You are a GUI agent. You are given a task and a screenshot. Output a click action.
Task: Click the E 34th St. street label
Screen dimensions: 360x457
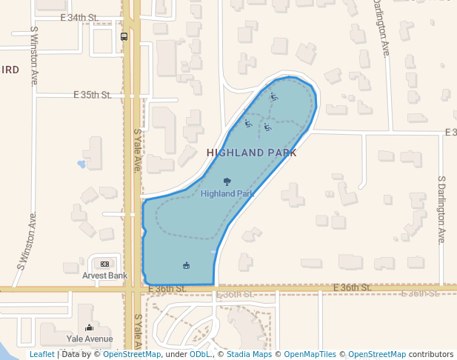coord(80,16)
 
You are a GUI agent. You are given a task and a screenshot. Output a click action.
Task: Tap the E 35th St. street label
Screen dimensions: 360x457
coord(92,95)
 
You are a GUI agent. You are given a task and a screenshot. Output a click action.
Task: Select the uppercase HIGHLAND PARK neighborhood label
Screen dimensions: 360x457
coord(252,153)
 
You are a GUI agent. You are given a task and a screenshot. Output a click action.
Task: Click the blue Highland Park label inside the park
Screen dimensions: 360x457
coord(227,193)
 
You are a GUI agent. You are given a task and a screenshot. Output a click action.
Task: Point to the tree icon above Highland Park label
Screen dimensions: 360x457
coord(227,181)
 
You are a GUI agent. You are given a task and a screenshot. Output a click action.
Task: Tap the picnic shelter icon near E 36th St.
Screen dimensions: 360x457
coord(186,265)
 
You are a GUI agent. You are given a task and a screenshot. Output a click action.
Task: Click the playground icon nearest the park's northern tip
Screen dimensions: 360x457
coord(274,96)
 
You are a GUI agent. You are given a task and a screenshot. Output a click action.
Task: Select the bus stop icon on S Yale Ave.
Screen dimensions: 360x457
coord(124,36)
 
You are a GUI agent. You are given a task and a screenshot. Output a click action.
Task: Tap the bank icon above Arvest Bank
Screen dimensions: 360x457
coord(104,264)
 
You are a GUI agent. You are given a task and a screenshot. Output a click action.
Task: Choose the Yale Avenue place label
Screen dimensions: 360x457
coord(90,339)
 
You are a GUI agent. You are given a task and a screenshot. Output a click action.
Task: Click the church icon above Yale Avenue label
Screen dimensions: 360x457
coord(90,327)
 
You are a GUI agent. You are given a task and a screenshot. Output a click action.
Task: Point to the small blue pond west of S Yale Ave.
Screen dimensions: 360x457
coord(81,164)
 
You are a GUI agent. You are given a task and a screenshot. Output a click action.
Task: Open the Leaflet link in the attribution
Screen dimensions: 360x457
coord(42,354)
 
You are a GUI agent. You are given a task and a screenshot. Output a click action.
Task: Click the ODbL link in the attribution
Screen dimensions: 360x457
coord(199,354)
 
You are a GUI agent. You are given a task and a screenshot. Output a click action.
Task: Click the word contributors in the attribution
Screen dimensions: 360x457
coord(431,354)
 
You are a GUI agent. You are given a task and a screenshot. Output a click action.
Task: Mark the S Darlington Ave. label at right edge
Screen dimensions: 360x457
coord(441,210)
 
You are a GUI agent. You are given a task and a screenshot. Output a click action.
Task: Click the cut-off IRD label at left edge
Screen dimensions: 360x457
coord(10,70)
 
